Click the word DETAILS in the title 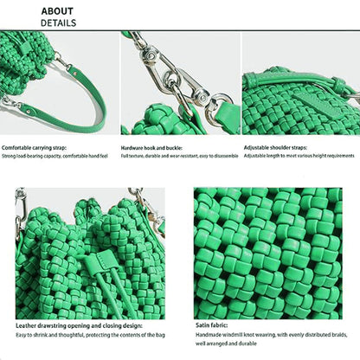click(x=58, y=22)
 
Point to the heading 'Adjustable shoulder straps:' click(x=277, y=148)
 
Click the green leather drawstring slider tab click(x=107, y=259)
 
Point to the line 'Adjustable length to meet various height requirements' click(x=299, y=156)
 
